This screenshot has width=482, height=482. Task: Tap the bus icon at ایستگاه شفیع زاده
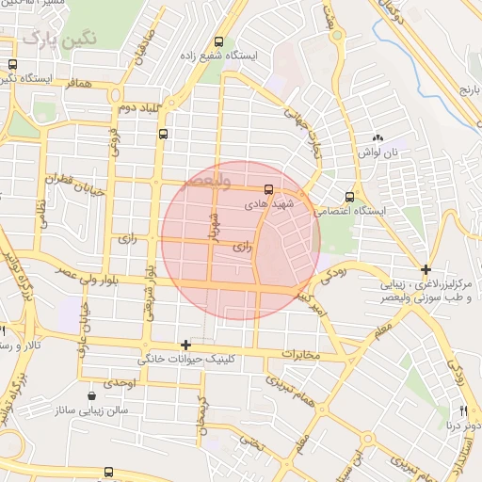218,42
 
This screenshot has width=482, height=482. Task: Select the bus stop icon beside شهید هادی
269,187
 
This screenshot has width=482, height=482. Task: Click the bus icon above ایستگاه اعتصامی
349,197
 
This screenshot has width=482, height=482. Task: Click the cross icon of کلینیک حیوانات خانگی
185,345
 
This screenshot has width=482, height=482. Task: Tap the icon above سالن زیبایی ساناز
90,395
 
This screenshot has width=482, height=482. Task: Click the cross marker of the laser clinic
426,269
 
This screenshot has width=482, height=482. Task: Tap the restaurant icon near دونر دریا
463,410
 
